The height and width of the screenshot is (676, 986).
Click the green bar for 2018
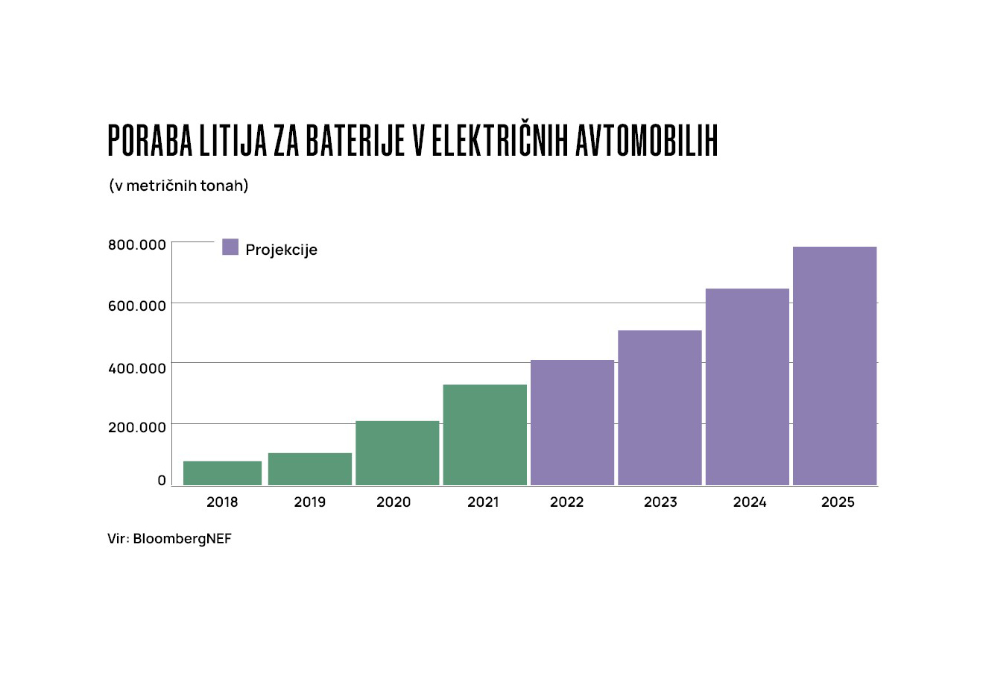click(222, 473)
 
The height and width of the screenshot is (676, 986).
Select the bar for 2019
click(309, 469)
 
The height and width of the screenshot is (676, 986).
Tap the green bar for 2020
click(397, 453)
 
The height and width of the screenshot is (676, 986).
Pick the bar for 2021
click(484, 435)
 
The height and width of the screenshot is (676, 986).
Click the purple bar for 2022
click(572, 423)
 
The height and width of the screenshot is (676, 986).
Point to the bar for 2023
click(660, 408)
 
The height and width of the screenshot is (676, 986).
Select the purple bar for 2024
click(747, 387)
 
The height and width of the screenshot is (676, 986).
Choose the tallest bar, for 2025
click(834, 366)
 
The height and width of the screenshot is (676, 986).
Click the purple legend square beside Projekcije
click(230, 247)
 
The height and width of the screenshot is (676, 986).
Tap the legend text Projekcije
click(281, 250)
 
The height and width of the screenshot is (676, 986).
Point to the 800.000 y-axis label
click(137, 244)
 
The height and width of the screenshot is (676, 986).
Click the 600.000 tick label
click(137, 306)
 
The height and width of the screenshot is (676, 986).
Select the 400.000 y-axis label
click(137, 367)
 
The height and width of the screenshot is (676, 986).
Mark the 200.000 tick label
click(137, 427)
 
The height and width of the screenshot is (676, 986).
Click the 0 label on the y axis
click(162, 481)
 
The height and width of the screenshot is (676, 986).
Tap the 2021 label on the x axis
click(483, 502)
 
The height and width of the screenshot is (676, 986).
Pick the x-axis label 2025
click(838, 502)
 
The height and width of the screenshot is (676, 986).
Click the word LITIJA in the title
click(232, 141)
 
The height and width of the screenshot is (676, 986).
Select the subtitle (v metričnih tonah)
click(179, 186)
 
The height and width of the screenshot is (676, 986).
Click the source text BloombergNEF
click(183, 539)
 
